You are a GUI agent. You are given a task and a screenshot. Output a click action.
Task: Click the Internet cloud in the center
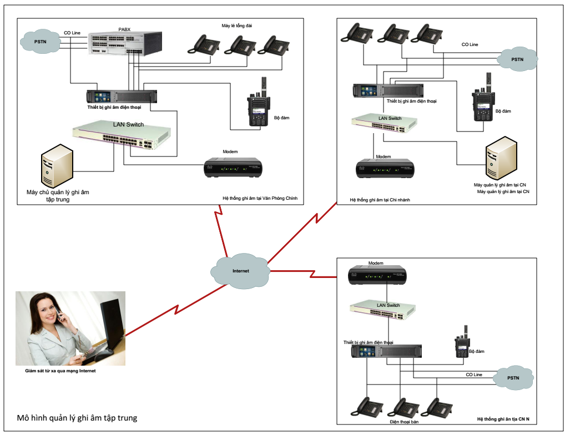pyautogui.click(x=240, y=271)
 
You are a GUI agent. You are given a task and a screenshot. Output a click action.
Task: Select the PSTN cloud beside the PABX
pyautogui.click(x=40, y=42)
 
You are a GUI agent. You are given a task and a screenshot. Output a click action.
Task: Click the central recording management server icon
pyautogui.click(x=57, y=166)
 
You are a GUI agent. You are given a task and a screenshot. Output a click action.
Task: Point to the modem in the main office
pyautogui.click(x=233, y=168)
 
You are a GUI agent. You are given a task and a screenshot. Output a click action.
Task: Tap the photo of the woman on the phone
pyautogui.click(x=70, y=328)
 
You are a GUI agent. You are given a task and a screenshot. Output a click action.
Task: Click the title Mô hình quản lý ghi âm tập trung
pyautogui.click(x=77, y=418)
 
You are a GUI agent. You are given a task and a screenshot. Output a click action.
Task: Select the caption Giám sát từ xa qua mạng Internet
pyautogui.click(x=60, y=371)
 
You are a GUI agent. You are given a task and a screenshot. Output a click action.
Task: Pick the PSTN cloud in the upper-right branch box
pyautogui.click(x=517, y=59)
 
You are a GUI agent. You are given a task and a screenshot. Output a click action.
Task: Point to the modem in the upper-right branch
pyautogui.click(x=385, y=169)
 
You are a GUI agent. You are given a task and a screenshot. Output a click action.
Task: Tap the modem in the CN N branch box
pyautogui.click(x=377, y=276)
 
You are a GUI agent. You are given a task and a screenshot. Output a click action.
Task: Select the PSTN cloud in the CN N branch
pyautogui.click(x=513, y=378)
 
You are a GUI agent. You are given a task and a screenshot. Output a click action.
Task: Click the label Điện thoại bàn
pyautogui.click(x=404, y=422)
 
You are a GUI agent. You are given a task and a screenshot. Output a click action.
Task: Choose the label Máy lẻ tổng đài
pyautogui.click(x=236, y=26)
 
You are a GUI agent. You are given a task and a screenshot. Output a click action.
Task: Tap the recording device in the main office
pyautogui.click(x=122, y=97)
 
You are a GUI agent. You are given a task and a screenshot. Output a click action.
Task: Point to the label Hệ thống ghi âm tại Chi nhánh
pyautogui.click(x=380, y=200)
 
